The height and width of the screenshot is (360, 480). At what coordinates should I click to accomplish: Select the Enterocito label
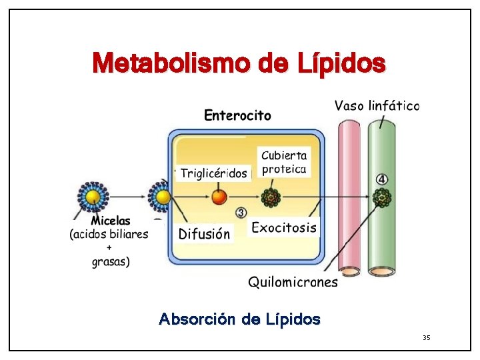pyautogui.click(x=237, y=116)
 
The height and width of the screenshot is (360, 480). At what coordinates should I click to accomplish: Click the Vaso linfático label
pyautogui.click(x=377, y=105)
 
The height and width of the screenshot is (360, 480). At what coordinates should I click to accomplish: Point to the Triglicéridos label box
pyautogui.click(x=214, y=174)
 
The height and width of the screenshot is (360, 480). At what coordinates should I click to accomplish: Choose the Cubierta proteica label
pyautogui.click(x=283, y=162)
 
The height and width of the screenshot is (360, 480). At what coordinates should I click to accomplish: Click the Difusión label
pyautogui.click(x=205, y=234)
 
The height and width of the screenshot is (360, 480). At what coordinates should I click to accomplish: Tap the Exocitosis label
pyautogui.click(x=283, y=227)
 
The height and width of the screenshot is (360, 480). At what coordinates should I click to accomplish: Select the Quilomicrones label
pyautogui.click(x=293, y=282)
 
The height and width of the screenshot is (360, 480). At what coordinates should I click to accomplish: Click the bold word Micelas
pyautogui.click(x=111, y=221)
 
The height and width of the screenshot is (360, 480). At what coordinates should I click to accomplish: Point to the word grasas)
pyautogui.click(x=111, y=261)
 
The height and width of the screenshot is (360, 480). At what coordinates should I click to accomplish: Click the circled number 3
pyautogui.click(x=241, y=213)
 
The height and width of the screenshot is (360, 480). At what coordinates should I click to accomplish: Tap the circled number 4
pyautogui.click(x=381, y=179)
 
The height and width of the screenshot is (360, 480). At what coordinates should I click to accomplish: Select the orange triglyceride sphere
pyautogui.click(x=219, y=197)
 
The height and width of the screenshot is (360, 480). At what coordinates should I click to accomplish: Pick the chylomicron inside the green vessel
pyautogui.click(x=381, y=197)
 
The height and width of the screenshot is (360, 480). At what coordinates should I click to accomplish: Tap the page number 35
pyautogui.click(x=427, y=338)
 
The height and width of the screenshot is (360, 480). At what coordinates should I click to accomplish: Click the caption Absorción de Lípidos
pyautogui.click(x=239, y=319)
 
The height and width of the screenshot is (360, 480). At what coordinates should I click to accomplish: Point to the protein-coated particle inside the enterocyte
pyautogui.click(x=271, y=197)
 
